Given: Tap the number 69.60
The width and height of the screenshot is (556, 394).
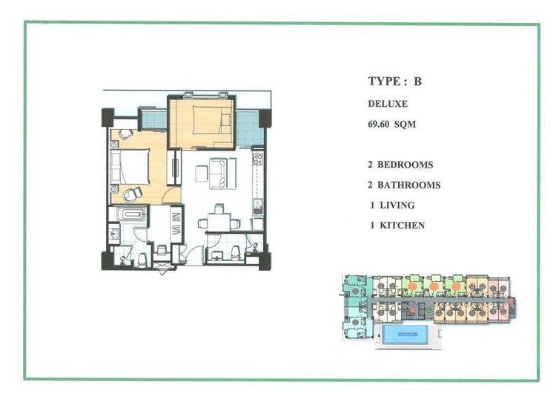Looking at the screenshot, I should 380,125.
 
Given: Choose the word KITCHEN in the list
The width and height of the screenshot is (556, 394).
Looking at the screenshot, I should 404,225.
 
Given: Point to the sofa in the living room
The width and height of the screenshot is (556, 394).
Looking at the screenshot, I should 219,174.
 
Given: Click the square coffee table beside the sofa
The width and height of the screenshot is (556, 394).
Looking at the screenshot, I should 202,174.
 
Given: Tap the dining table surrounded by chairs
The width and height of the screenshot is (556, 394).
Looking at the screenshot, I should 218,220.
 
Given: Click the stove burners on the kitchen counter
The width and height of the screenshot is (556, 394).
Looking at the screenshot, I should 257,158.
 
